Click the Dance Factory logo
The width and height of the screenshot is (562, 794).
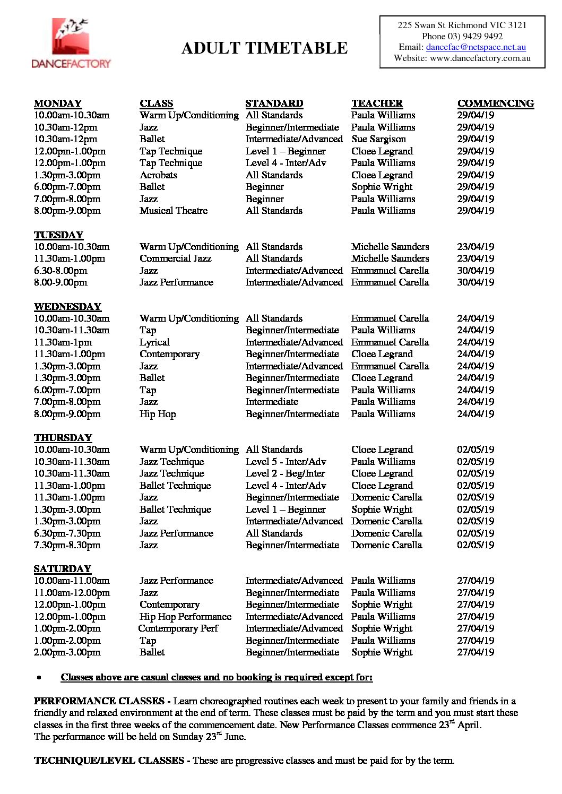[71, 44]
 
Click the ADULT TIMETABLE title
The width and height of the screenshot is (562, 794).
[264, 48]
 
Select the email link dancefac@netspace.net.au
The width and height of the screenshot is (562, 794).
[475, 47]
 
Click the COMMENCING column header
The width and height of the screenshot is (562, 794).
[495, 103]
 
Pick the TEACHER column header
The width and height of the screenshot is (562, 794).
[377, 103]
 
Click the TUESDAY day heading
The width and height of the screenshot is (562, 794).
[59, 235]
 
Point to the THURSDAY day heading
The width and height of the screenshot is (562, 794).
[63, 438]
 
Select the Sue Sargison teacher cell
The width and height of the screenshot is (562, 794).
[378, 139]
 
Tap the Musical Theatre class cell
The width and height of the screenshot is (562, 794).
[174, 211]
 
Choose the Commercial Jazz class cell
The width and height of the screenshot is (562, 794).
[175, 258]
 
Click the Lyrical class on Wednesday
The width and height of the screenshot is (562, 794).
[154, 342]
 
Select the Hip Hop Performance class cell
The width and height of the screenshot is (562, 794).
[185, 617]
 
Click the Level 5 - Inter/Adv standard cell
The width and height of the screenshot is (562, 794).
[286, 462]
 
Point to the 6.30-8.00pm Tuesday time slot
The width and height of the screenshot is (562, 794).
[60, 271]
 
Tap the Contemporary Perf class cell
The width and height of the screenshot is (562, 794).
[178, 628]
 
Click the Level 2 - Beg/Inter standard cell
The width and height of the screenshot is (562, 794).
[285, 473]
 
